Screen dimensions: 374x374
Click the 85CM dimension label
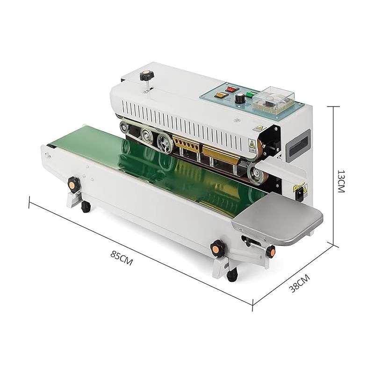(122, 258)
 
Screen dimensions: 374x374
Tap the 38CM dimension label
(300, 283)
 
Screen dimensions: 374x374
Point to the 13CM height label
(341, 181)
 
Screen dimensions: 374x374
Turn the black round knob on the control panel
(239, 98)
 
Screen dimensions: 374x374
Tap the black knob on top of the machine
(147, 75)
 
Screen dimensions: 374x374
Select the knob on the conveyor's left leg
(73, 184)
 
